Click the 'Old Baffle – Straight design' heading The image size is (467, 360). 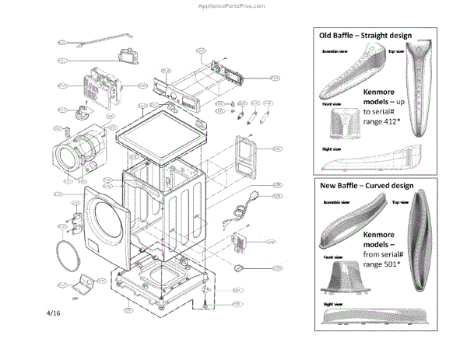click(364, 36)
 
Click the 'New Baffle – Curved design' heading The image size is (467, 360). click(366, 186)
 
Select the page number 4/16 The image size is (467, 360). click(54, 313)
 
